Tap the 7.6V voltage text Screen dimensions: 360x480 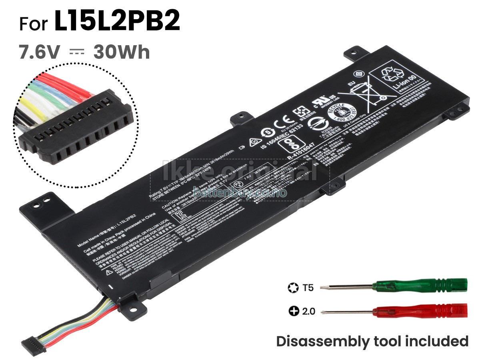(x=40, y=52)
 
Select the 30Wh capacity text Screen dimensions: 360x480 (x=122, y=52)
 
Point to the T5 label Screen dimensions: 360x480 (x=308, y=287)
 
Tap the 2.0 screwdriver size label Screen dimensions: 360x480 (x=308, y=311)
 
